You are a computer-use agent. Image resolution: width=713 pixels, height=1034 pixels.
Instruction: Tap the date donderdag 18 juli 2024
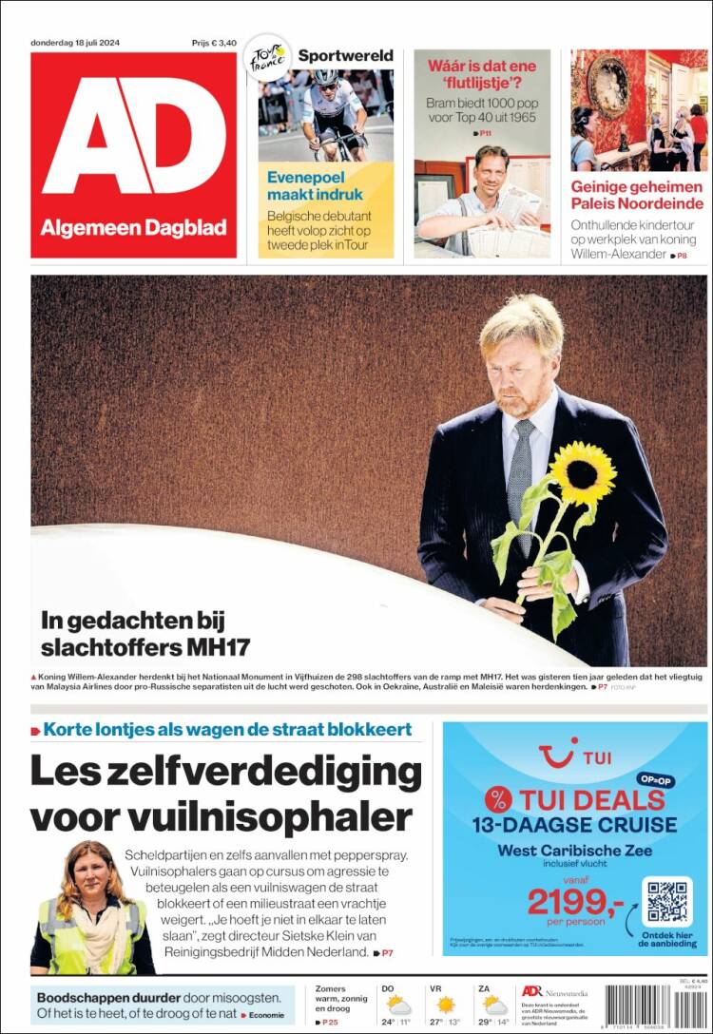pos(74,43)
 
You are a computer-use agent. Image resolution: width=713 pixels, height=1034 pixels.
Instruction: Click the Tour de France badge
pos(267,58)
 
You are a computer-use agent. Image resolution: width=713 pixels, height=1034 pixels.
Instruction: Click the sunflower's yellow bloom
pos(583,472)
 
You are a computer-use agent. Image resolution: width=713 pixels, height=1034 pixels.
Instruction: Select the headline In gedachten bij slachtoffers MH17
pos(145,634)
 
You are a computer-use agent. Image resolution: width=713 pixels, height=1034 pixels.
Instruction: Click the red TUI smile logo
pos(559,756)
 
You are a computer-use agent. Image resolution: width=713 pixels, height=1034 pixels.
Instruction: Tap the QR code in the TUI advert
pos(666,901)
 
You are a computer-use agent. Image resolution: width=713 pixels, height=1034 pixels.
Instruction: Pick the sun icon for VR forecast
pos(444,1005)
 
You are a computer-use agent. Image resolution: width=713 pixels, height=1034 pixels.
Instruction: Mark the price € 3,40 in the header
pos(213,43)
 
